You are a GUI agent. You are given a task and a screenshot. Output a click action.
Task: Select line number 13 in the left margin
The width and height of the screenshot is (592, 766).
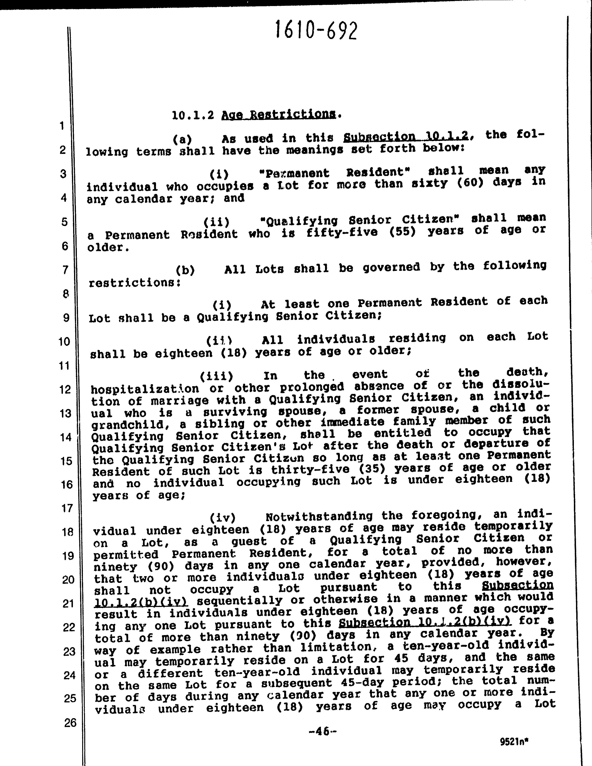pos(65,413)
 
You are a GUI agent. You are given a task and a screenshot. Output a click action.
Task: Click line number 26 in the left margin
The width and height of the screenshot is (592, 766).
pos(70,723)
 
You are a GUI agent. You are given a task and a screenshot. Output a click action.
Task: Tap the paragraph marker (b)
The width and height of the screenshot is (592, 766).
pos(185,270)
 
